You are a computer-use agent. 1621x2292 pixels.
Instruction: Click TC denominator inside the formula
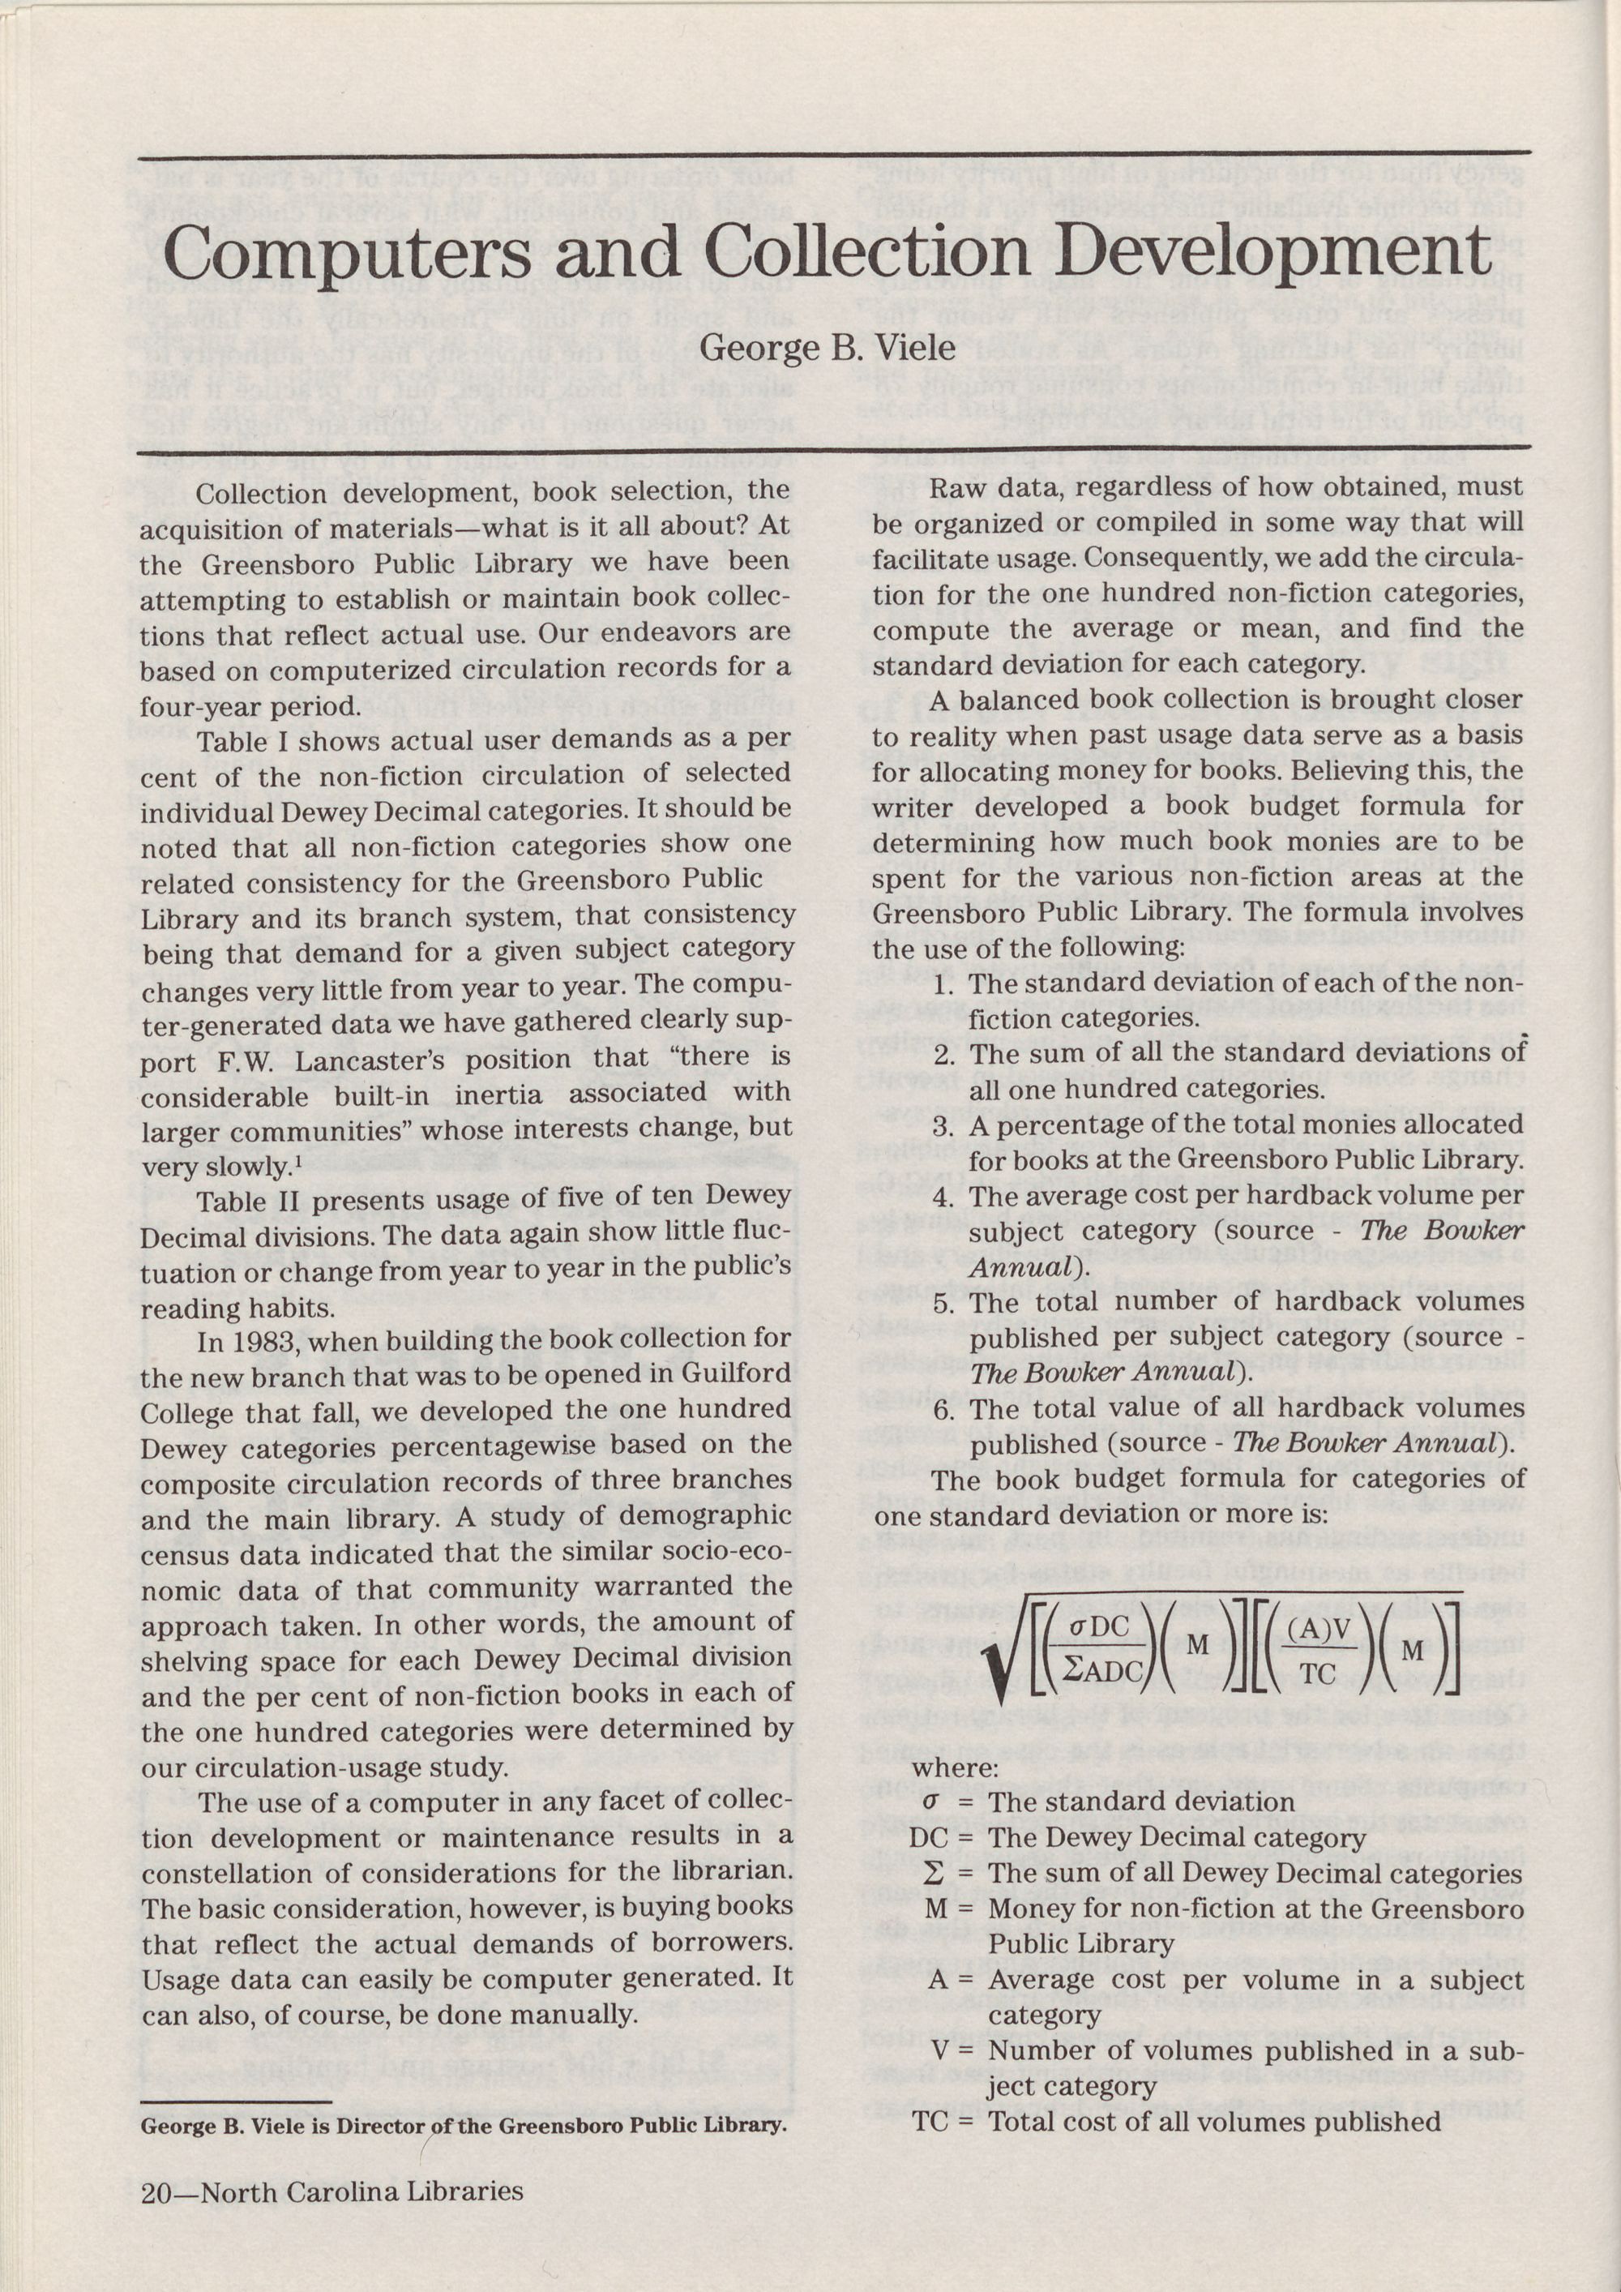tap(1319, 1674)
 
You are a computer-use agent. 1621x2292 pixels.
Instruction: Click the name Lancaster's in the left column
tap(380, 1059)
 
